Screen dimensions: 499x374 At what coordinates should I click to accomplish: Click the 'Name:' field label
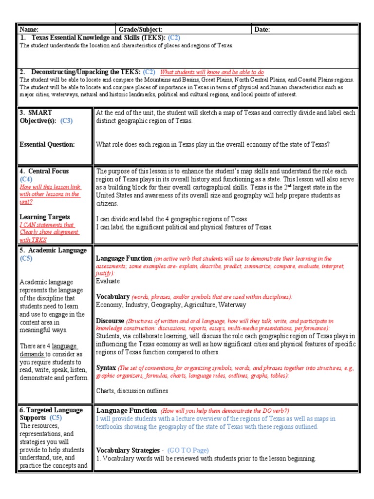29,30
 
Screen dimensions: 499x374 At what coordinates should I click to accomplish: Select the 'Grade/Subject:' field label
141,30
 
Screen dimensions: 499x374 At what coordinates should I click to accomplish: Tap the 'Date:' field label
262,30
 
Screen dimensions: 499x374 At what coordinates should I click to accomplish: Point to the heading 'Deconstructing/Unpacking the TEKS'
86,72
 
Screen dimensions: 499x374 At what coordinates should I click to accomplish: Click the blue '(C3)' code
66,121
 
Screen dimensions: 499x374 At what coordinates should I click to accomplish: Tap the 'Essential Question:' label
47,144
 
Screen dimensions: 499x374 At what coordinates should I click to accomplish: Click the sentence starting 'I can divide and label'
171,219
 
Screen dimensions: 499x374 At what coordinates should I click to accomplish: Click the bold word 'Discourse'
110,321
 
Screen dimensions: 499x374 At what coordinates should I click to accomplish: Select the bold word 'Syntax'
106,368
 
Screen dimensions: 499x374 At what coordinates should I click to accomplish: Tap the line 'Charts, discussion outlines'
132,390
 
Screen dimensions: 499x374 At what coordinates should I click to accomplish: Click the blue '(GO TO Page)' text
188,450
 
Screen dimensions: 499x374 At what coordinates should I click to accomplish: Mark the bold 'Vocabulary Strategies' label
128,450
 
